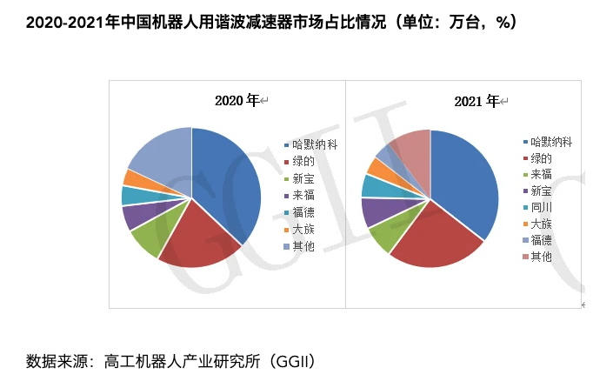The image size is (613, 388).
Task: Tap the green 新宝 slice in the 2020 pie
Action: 150,240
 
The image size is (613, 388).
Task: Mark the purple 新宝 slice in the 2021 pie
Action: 376,211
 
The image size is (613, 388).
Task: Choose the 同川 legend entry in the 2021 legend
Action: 540,207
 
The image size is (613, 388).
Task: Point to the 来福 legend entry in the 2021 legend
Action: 540,174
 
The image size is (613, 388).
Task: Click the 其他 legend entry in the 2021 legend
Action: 540,256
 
